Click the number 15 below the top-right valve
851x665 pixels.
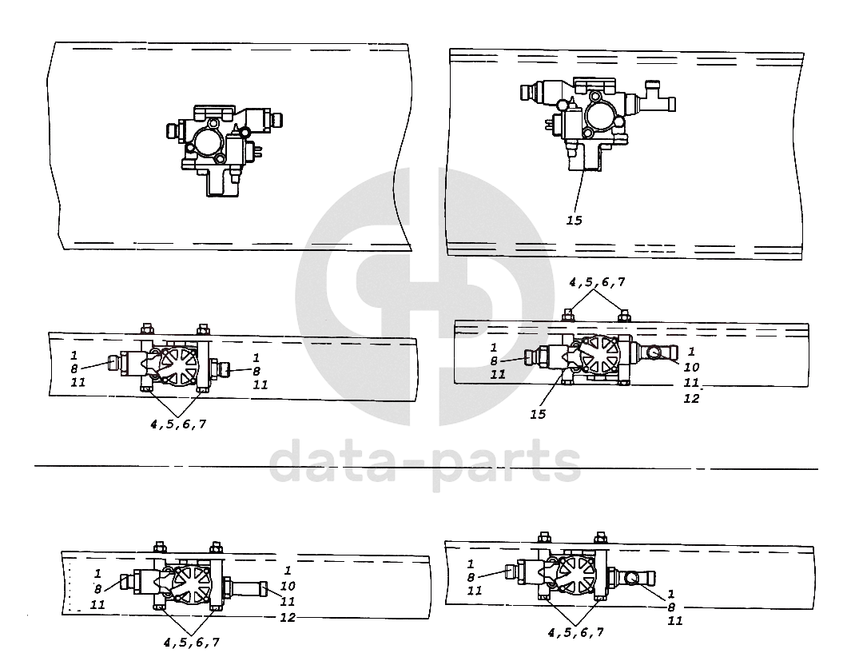pos(575,221)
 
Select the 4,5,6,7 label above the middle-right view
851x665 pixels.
pos(597,282)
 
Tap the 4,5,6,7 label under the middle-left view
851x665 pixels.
pos(178,424)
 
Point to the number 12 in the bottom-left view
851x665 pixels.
pos(288,617)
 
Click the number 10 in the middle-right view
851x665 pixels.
pos(691,368)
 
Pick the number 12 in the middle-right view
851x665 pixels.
pos(691,399)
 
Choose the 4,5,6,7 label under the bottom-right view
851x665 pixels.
pos(576,632)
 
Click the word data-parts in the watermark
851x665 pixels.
pos(425,465)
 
